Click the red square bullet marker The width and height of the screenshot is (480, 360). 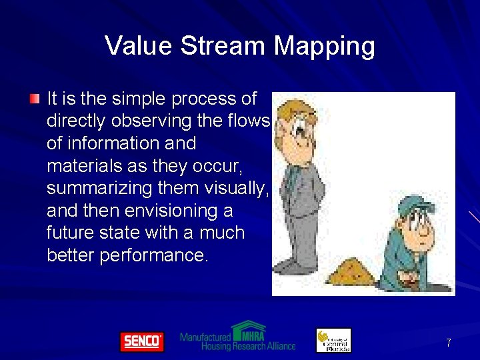[35, 99]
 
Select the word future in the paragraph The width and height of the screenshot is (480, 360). [69, 233]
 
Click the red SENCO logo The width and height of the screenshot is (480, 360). [141, 341]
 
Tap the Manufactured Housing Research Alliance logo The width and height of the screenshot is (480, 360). [237, 337]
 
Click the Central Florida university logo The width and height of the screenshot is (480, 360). [333, 340]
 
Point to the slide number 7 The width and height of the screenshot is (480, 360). [449, 343]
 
